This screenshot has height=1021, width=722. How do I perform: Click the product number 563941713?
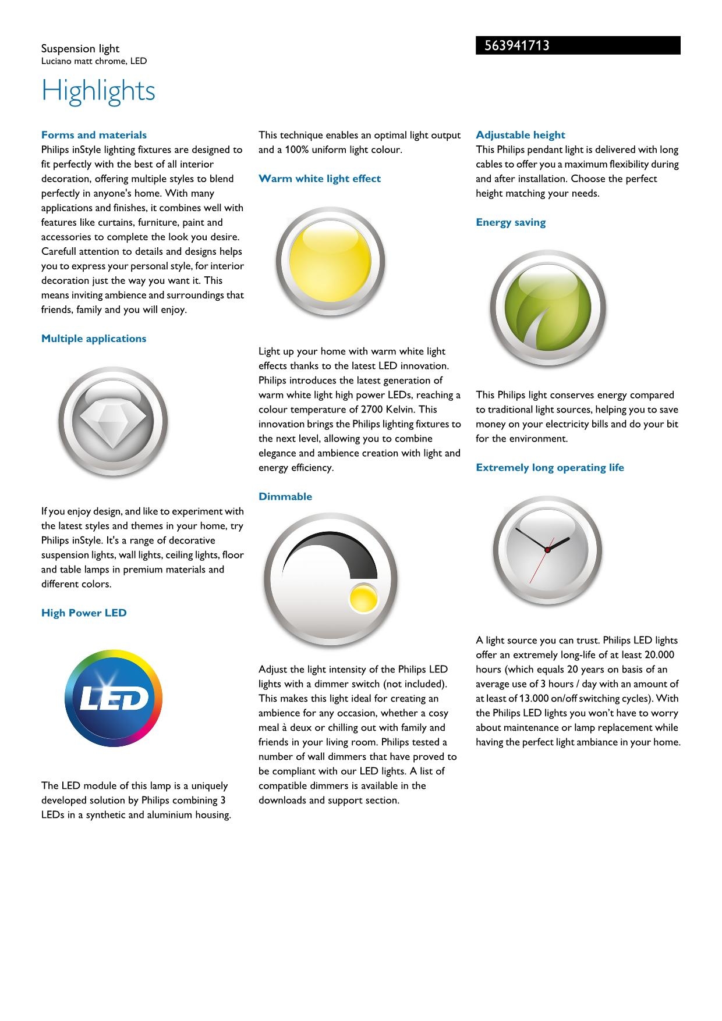pos(517,46)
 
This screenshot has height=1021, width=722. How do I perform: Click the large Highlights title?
pos(98,91)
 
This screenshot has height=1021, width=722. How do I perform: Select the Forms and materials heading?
pos(94,135)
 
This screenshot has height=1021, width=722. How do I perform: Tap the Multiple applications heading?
pos(94,339)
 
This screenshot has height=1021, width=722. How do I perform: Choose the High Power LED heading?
pos(84,613)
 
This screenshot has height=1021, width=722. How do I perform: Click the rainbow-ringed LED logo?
pos(114,699)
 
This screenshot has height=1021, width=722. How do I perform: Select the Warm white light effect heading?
pos(320,179)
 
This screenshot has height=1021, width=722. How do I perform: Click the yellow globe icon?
pos(330,261)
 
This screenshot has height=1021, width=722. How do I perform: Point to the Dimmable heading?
pos(285,496)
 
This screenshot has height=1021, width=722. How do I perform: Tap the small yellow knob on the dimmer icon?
pos(364,598)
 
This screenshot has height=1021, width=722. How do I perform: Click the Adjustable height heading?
pos(521,135)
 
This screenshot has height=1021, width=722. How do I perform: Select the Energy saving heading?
pos(511,222)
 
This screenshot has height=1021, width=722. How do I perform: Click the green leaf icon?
pos(547,308)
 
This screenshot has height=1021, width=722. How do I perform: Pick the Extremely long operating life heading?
pos(550,467)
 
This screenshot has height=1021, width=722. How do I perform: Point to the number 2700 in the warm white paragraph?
pos(371,409)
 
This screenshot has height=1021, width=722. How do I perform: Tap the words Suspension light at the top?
pos(80,49)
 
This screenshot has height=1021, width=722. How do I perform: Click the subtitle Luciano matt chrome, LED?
pos(94,61)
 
